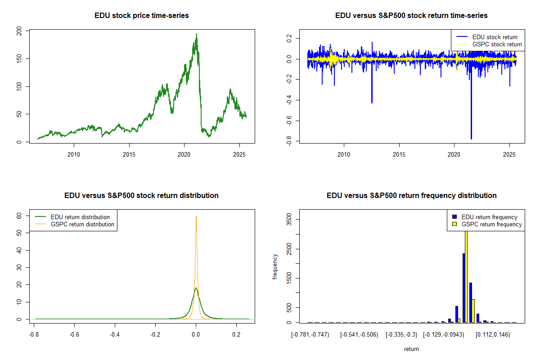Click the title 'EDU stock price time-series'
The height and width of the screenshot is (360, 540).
tap(141, 16)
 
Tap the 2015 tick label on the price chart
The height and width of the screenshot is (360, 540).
tap(129, 154)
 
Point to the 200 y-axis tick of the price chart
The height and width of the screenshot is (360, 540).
tap(19, 31)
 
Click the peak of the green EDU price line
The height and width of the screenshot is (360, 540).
tap(197, 34)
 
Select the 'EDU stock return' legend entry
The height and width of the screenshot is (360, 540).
tap(487, 37)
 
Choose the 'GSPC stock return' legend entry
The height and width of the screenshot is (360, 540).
tap(489, 45)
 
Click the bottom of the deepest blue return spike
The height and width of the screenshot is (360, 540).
tap(471, 139)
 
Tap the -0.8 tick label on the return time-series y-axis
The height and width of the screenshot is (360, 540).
tap(289, 141)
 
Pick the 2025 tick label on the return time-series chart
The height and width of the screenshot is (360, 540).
tap(509, 154)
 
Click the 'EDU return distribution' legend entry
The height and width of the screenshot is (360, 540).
tap(72, 217)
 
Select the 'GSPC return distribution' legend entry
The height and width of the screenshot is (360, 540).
tap(74, 224)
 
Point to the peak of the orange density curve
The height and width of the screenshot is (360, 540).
tap(196, 216)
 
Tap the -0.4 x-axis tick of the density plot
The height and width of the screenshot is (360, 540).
tap(115, 335)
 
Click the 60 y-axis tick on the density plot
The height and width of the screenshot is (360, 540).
tap(19, 216)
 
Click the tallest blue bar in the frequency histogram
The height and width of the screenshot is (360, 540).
tap(463, 288)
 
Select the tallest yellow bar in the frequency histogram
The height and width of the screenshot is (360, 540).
tap(466, 277)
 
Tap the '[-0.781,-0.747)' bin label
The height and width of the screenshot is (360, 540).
tap(310, 335)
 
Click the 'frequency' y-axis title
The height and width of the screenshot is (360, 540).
tap(275, 267)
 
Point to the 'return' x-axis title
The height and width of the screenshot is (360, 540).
tap(411, 349)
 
